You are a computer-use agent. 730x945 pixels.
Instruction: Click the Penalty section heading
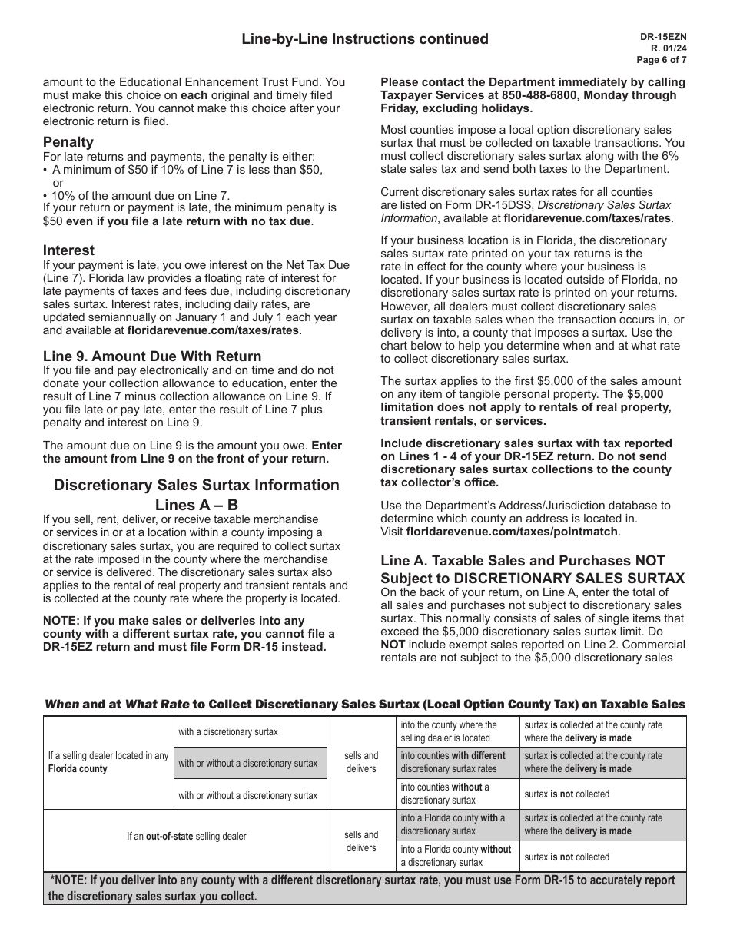pos(68,142)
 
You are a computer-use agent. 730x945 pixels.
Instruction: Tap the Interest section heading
pos(68,250)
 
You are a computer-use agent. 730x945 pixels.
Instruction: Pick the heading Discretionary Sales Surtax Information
pos(196,486)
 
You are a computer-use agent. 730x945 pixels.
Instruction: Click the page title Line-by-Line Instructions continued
pos(365,39)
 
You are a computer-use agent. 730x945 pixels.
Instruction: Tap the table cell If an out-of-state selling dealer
pos(186,836)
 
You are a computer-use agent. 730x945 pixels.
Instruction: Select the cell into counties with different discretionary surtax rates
pos(453,762)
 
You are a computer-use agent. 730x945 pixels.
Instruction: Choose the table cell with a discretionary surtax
pos(228,731)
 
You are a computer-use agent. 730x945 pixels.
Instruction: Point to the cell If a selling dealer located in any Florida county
pos(108,762)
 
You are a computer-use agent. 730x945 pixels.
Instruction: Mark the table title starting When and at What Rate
pos(365,704)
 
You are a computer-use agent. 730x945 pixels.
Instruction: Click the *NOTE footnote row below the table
pos(365,888)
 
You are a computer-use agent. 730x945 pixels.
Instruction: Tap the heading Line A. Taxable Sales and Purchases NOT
pos(523,561)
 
